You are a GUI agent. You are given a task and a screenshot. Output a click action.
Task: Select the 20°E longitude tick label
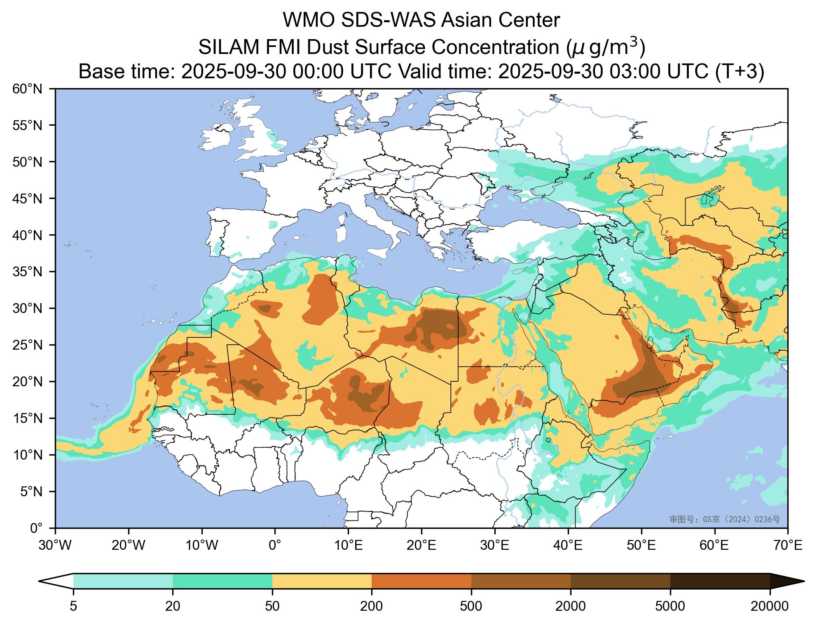(421, 546)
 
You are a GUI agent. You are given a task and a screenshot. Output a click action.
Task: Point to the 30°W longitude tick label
(55, 546)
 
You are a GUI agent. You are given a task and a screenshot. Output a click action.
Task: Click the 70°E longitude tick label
(787, 546)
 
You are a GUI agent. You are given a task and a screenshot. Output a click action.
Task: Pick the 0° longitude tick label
(275, 546)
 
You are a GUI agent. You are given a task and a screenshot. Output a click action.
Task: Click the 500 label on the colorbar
(471, 606)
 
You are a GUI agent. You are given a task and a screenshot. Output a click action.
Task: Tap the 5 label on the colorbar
(73, 606)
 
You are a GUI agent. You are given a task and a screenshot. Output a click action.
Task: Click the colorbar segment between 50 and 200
(322, 581)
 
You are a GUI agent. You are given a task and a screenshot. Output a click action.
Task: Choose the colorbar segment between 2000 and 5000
(620, 581)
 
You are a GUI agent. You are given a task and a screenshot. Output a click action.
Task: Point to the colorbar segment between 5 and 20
(123, 581)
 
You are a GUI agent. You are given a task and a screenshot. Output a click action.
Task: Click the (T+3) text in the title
(740, 72)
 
